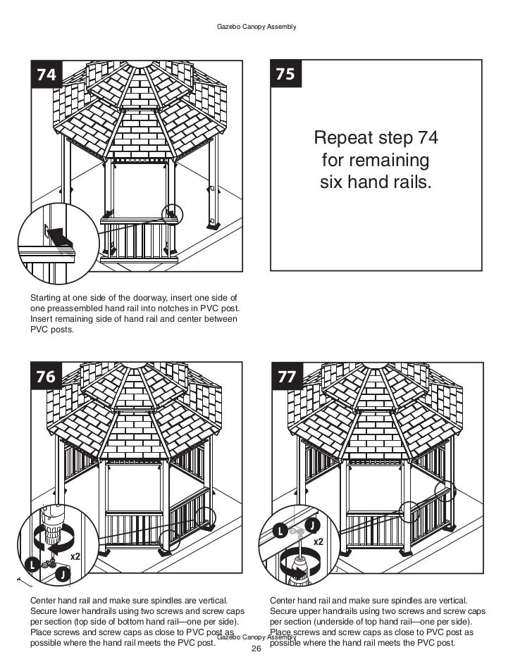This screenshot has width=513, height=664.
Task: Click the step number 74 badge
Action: (45, 74)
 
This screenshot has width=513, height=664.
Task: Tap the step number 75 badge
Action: (286, 74)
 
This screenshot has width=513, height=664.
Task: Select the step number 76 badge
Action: (45, 377)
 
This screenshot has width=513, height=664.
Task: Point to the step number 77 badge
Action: (286, 377)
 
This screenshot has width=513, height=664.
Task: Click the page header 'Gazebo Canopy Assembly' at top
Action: (256, 27)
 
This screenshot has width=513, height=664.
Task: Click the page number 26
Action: (256, 649)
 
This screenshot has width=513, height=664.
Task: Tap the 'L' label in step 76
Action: (32, 564)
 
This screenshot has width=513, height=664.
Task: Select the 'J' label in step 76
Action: (63, 575)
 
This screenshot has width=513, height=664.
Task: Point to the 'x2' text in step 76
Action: (75, 556)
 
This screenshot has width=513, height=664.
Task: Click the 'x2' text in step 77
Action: (318, 541)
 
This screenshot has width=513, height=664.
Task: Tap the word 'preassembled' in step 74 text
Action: (71, 308)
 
